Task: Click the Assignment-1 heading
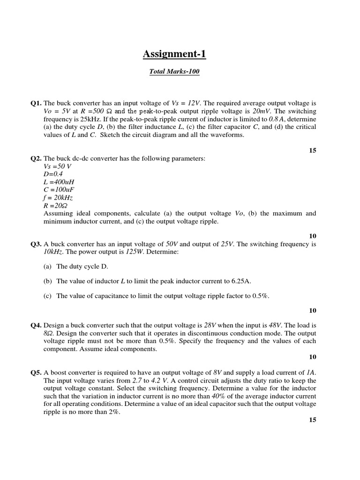point(174,54)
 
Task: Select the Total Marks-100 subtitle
point(174,72)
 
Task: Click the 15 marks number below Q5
point(313,420)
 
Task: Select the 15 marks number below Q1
point(313,150)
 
